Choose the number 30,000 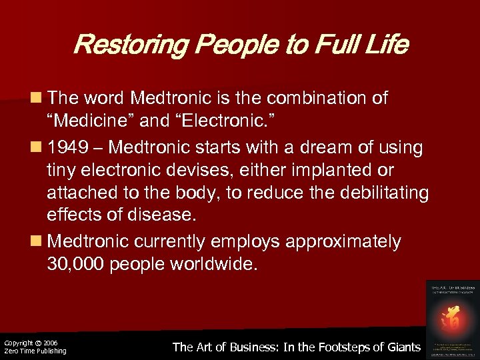75,263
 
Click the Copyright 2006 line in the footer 31,342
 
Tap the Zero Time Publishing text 35,351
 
